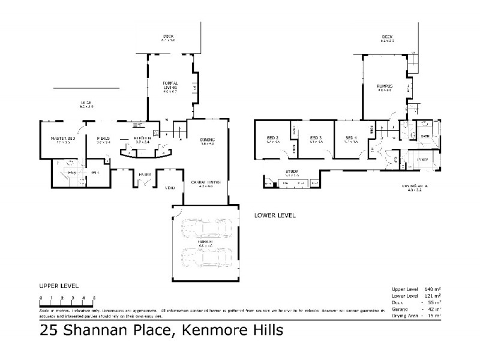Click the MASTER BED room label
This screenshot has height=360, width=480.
pos(62,138)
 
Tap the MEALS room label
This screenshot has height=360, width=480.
pos(104,138)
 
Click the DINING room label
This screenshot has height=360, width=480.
pos(208,140)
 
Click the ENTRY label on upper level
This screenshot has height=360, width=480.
pos(145,175)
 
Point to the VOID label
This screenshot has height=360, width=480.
pos(170,188)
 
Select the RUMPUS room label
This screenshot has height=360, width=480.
pos(385,86)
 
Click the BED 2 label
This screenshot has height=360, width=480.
pos(274,139)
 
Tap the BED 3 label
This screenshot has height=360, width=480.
pos(316,139)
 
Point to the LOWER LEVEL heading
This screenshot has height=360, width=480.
pos(275,215)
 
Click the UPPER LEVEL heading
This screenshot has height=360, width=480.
pos(59,286)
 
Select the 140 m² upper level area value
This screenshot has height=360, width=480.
pos(433,289)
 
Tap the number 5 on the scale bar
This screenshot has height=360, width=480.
pos(94,298)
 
